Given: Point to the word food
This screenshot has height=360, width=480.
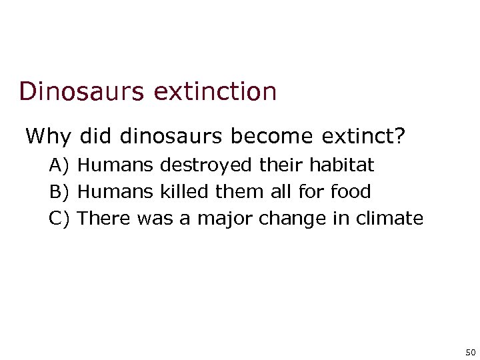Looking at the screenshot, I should click(351, 192).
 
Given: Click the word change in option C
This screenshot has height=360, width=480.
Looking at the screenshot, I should click(283, 219).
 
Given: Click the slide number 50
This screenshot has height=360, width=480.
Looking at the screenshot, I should click(470, 351).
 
